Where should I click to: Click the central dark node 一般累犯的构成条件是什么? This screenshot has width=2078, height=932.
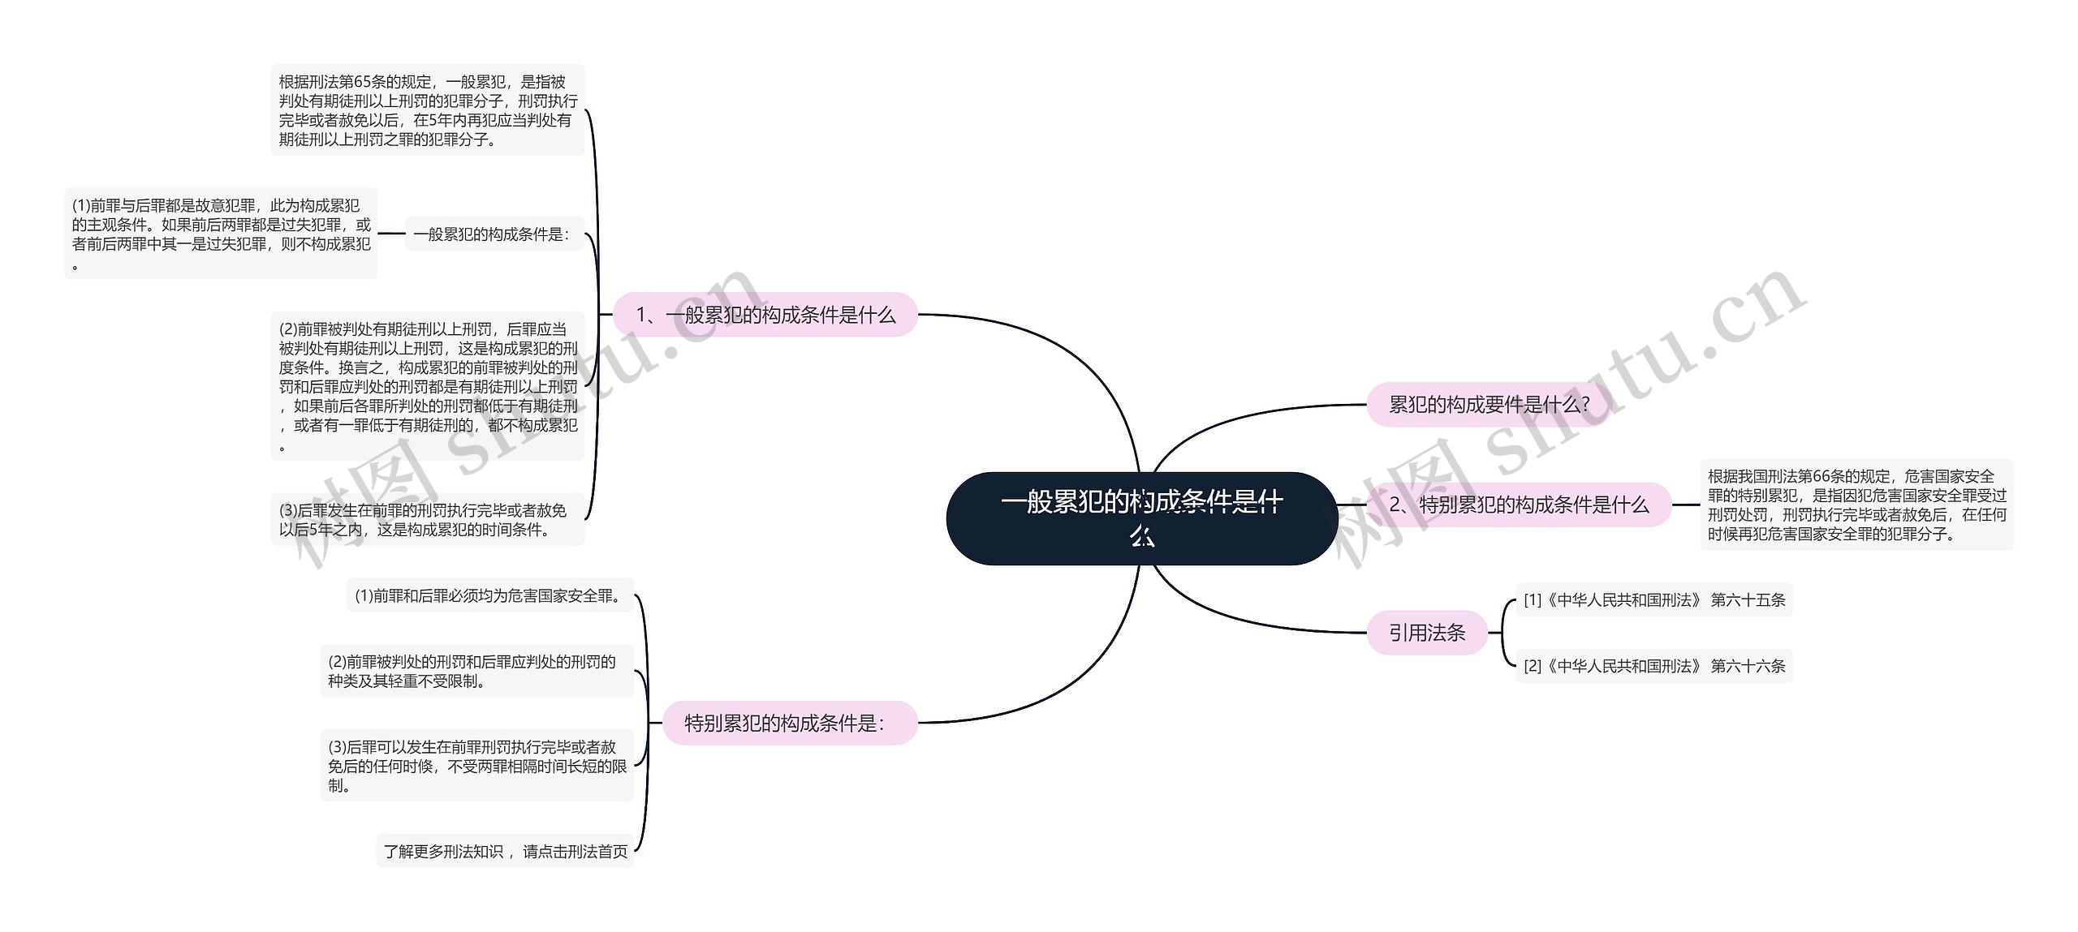[1141, 518]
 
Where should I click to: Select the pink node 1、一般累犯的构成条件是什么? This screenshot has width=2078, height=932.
[765, 315]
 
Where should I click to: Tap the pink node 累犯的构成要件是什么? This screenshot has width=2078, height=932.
[1489, 404]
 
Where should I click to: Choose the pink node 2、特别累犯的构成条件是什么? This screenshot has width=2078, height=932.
[1519, 505]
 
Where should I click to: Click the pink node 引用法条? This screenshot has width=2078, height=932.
[1427, 633]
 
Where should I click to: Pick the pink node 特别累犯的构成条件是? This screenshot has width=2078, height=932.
[790, 723]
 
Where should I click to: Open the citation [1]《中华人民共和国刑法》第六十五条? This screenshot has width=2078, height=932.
[1654, 599]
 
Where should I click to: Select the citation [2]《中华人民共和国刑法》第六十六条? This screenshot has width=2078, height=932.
[1654, 666]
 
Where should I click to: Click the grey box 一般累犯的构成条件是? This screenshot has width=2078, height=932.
[494, 234]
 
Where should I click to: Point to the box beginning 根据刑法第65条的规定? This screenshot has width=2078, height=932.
[428, 110]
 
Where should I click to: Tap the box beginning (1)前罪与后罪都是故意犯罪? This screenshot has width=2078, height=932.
[221, 234]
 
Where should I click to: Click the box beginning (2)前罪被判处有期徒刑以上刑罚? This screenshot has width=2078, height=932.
[428, 386]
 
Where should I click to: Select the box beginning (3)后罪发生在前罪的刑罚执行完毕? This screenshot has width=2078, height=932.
[428, 520]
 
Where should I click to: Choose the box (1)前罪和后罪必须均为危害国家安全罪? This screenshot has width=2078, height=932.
[490, 595]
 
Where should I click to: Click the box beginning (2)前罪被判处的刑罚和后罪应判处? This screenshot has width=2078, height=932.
[477, 671]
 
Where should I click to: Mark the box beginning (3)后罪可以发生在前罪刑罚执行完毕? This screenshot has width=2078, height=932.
[477, 766]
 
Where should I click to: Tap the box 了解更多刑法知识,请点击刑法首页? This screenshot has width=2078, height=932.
[505, 851]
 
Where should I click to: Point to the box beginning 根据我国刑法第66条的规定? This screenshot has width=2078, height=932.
[1856, 505]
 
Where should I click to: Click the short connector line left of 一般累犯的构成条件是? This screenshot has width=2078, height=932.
[391, 234]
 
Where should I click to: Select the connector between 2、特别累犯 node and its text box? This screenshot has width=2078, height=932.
[1686, 505]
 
